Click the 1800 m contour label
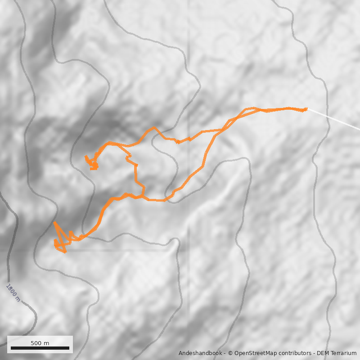[13, 292]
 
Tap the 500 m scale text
[40, 343]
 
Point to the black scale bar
[40, 348]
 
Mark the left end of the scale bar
[11, 348]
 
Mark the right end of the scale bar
[69, 348]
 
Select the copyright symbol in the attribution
[230, 353]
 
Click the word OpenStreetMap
[255, 353]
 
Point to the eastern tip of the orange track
[306, 108]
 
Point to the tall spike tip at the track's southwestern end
[54, 222]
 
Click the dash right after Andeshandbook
[224, 353]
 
